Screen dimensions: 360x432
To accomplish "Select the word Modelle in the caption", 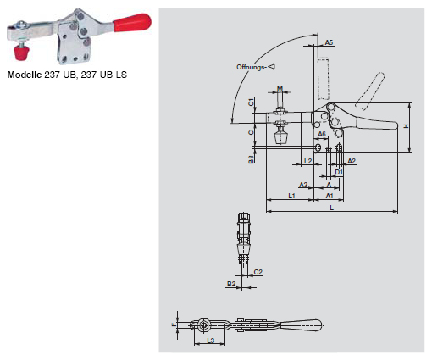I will tap(25, 74).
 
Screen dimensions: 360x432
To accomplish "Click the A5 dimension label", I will tap(329, 42).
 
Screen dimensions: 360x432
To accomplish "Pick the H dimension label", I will tap(406, 127).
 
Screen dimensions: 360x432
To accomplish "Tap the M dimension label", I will tap(280, 88).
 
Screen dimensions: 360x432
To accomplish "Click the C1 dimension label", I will tap(252, 102).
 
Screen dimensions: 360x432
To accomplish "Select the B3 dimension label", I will tap(252, 158).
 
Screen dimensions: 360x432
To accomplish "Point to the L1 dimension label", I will tap(291, 196).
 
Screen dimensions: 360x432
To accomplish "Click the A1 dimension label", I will tap(330, 196).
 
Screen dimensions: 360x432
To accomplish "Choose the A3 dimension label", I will tap(303, 184).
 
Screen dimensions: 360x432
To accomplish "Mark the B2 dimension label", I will tap(230, 284).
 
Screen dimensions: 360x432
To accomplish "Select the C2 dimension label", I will tap(258, 272).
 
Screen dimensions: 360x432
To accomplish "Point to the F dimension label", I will tap(173, 324).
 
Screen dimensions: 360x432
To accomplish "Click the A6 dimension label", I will tap(322, 134).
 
